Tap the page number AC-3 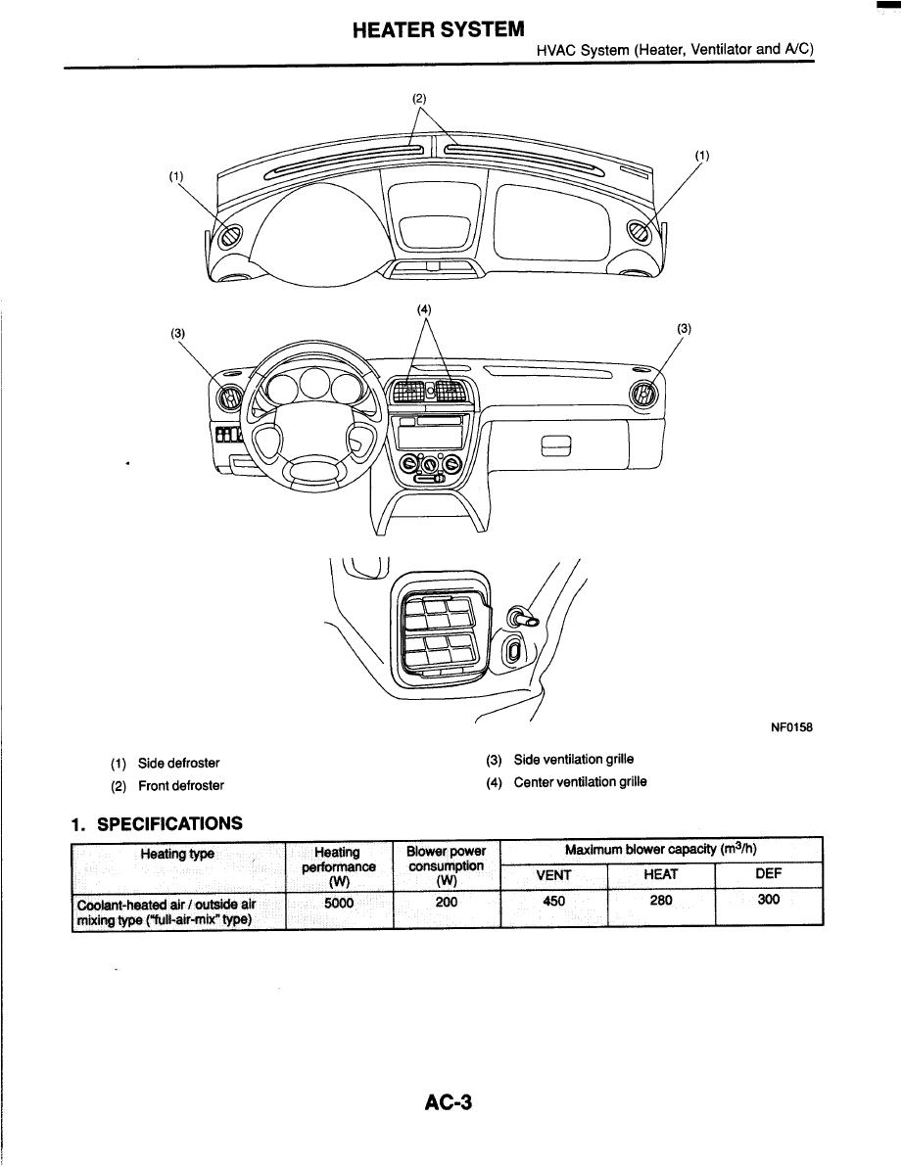[x=450, y=1102]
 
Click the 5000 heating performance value [x=338, y=903]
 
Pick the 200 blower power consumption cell [x=447, y=903]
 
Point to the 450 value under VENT [x=553, y=901]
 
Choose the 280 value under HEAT [x=661, y=901]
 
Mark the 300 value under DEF [x=769, y=901]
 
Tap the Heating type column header [x=177, y=854]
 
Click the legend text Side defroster [x=178, y=763]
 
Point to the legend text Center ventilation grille [x=580, y=781]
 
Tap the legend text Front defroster [x=180, y=785]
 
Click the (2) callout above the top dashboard [x=420, y=97]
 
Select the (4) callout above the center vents [x=424, y=309]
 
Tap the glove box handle [x=555, y=447]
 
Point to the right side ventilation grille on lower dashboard [x=643, y=394]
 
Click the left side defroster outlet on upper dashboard [x=234, y=236]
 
